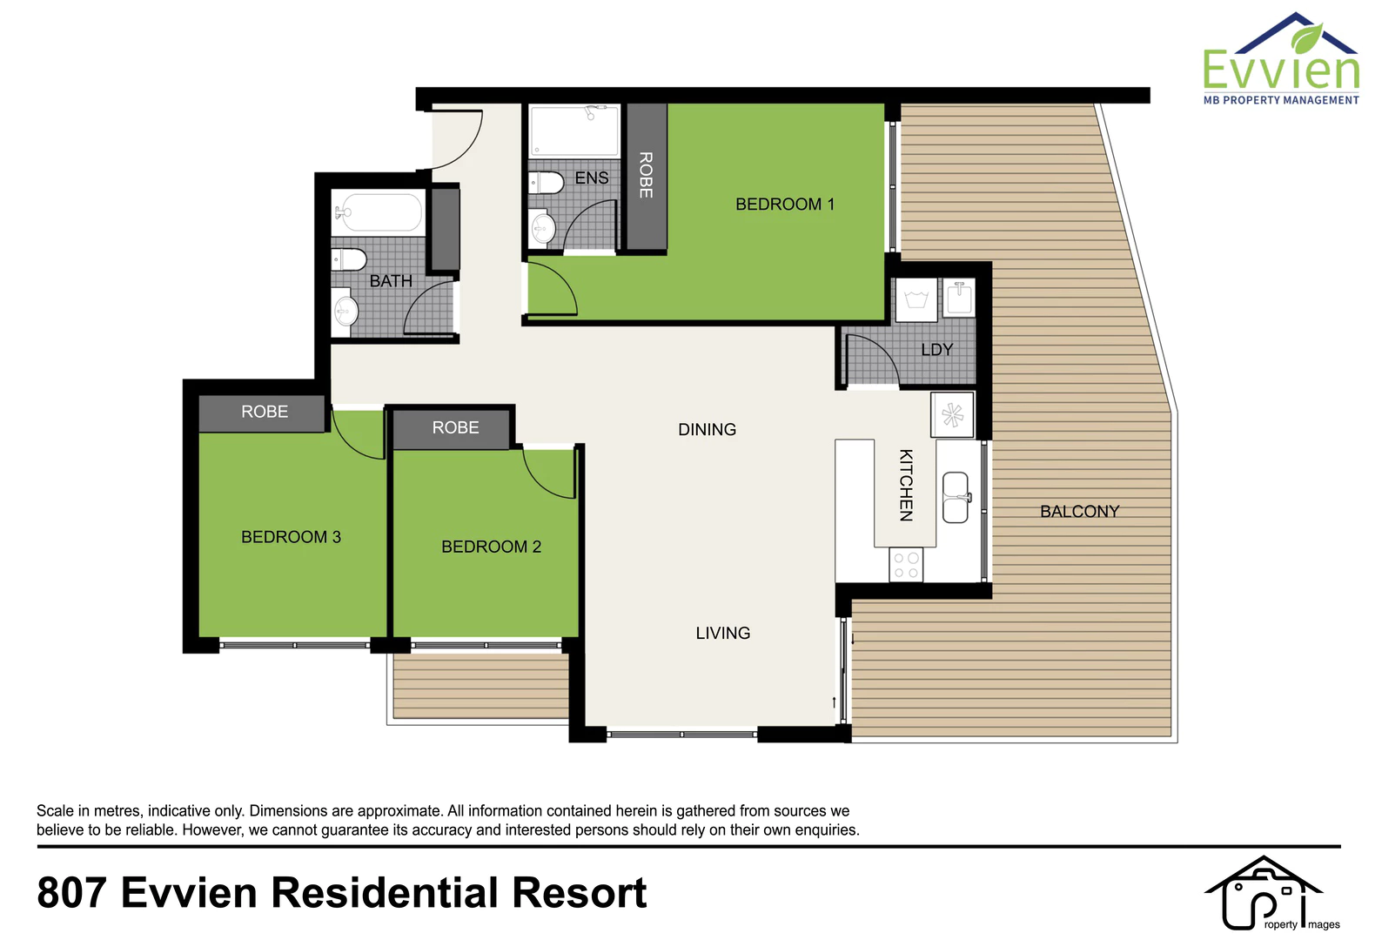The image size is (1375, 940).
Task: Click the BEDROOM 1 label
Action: [x=784, y=204]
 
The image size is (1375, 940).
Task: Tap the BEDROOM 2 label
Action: [x=491, y=547]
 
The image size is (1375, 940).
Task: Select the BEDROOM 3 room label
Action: [x=291, y=537]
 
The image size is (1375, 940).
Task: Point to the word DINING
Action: [x=708, y=429]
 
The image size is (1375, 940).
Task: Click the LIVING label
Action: [x=723, y=633]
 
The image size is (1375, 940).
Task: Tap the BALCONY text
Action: [x=1080, y=512]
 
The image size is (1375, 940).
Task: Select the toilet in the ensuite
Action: [x=547, y=183]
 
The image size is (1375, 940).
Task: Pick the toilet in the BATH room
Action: [x=349, y=259]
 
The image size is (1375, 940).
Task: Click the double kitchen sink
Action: [x=956, y=497]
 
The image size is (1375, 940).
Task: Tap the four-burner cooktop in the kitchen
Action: [x=906, y=565]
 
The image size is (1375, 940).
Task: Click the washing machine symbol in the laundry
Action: [x=916, y=299]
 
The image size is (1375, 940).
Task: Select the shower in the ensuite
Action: [x=574, y=131]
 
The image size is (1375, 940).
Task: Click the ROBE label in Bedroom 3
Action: [x=265, y=412]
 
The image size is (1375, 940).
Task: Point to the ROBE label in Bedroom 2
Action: [x=455, y=427]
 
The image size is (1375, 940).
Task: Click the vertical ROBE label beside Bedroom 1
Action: [x=646, y=175]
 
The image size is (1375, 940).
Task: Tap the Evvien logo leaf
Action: [x=1307, y=38]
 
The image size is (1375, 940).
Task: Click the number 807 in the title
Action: [x=72, y=893]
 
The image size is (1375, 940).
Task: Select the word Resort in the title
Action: [x=580, y=893]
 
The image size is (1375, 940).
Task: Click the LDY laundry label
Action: [x=937, y=350]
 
